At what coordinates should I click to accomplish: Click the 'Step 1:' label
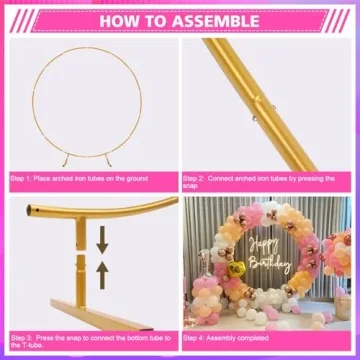pyautogui.click(x=23, y=178)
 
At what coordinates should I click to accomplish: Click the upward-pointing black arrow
pyautogui.click(x=102, y=269)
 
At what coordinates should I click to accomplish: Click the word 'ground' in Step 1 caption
pyautogui.click(x=136, y=178)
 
